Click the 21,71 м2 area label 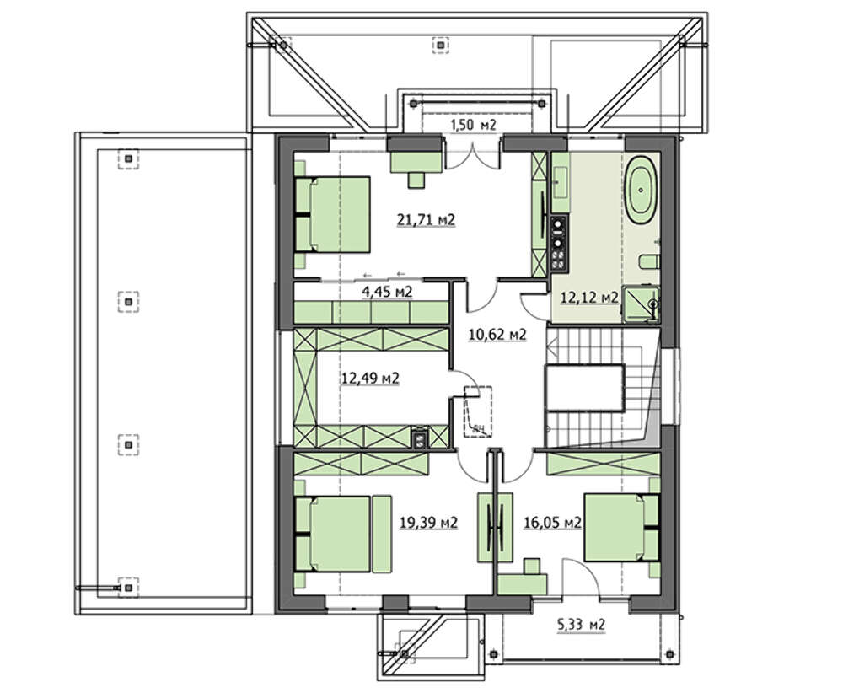coord(426,220)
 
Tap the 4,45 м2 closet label coord(387,292)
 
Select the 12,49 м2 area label coord(370,379)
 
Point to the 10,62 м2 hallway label coord(498,335)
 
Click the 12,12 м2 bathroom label coord(589,298)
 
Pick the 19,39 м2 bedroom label coord(428,522)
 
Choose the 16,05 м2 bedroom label coord(553,522)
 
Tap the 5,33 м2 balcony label coord(580,625)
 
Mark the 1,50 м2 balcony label coord(473,126)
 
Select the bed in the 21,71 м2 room coord(332,214)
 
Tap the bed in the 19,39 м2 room coord(332,534)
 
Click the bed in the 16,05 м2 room coord(622,528)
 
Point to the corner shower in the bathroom coord(641,305)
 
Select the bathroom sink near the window coord(561,182)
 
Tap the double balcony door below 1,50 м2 coord(473,155)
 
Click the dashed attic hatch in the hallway coord(479,411)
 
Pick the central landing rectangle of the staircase coord(585,387)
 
